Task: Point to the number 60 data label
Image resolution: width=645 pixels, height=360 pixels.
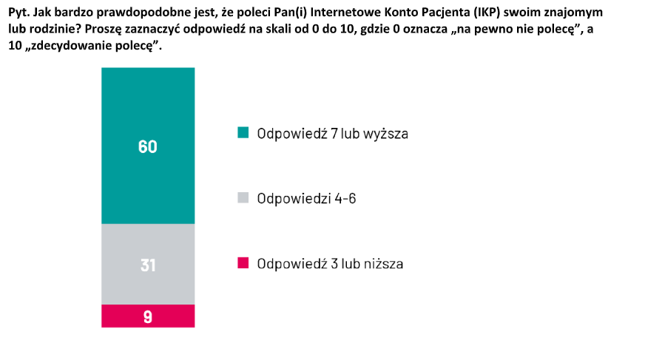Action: click(148, 146)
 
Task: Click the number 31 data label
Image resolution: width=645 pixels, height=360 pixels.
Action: click(148, 264)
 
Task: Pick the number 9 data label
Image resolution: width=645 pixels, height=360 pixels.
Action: click(148, 316)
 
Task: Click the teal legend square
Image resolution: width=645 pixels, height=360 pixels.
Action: click(243, 133)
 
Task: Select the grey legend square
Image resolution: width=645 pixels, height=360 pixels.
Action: click(243, 198)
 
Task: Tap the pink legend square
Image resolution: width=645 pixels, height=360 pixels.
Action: click(243, 262)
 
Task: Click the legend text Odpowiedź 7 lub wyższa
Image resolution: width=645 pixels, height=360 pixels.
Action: click(333, 134)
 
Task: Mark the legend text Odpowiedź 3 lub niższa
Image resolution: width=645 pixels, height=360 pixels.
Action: click(330, 263)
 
